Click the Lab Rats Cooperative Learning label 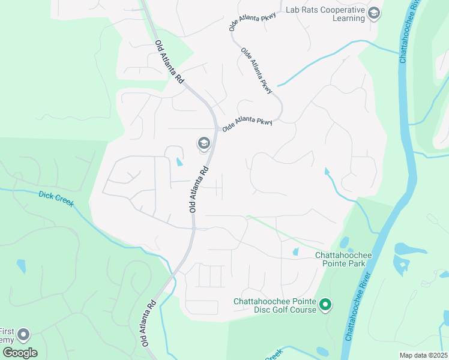click(x=325, y=14)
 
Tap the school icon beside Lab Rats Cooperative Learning click(x=374, y=13)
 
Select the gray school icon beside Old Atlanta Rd click(x=203, y=143)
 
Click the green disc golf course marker click(x=325, y=305)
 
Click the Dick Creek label click(x=56, y=199)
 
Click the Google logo click(x=19, y=352)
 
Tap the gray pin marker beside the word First click(x=24, y=334)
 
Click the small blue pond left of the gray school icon click(x=179, y=161)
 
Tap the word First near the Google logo click(x=7, y=331)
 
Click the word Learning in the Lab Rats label click(x=349, y=19)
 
